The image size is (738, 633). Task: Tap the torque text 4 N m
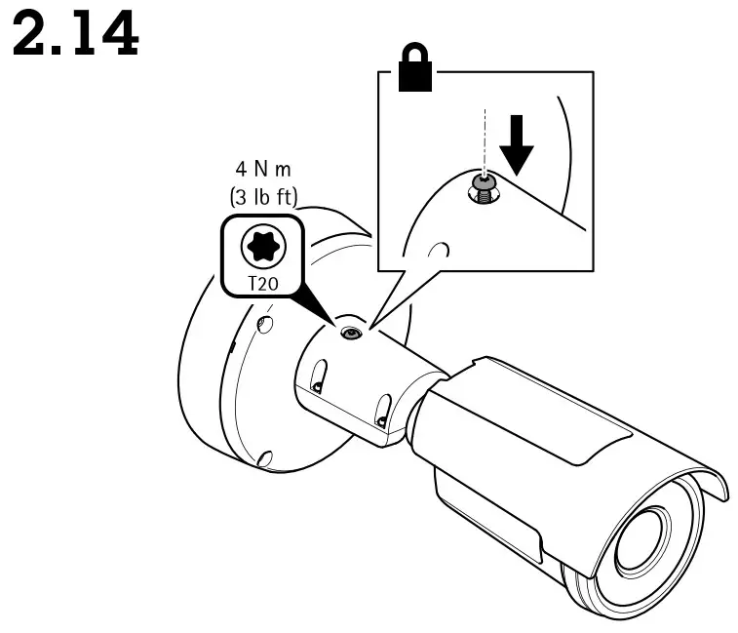[258, 174]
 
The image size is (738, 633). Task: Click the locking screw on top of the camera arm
[349, 334]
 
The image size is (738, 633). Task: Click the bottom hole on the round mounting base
[264, 456]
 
